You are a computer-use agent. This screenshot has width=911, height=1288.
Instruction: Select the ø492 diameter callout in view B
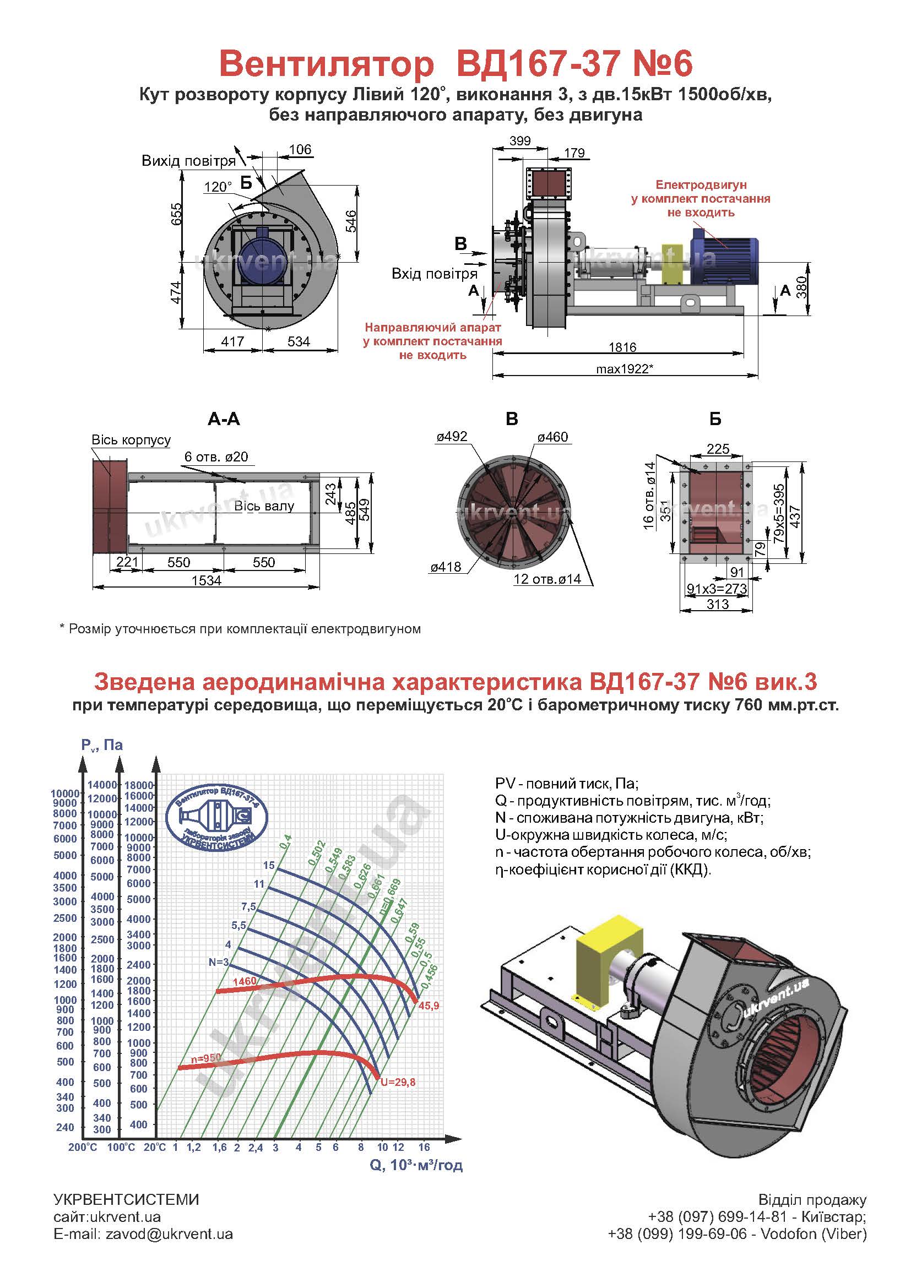pyautogui.click(x=452, y=437)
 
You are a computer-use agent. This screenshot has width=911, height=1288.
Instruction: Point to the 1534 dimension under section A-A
pyautogui.click(x=207, y=580)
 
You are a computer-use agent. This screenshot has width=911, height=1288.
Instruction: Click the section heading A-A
pyautogui.click(x=224, y=419)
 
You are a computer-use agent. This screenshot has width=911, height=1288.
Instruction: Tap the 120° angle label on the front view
pyautogui.click(x=218, y=187)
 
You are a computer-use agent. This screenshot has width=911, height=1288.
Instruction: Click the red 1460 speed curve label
pyautogui.click(x=244, y=981)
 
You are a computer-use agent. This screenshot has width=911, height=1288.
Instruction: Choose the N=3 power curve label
pyautogui.click(x=219, y=962)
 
